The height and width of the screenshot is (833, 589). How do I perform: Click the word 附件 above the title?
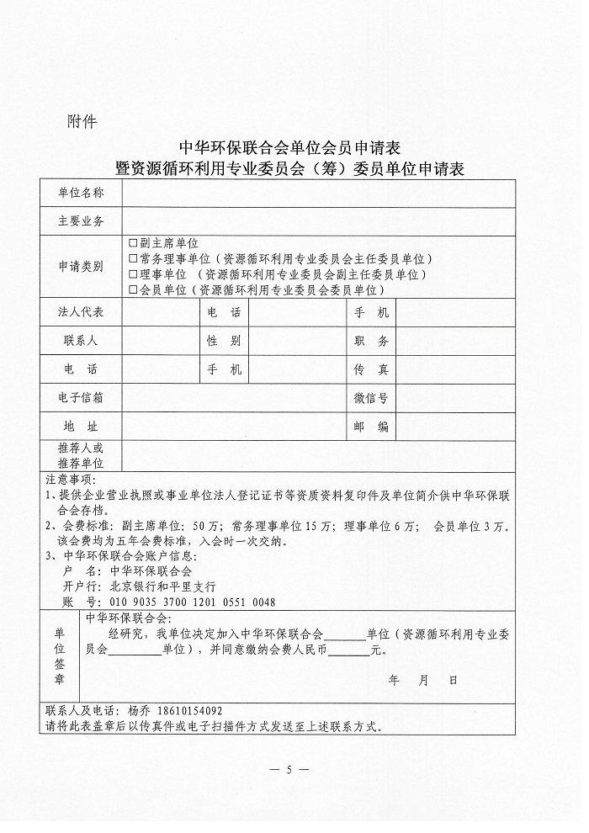click(x=82, y=121)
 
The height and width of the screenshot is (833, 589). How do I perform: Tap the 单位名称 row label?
click(x=81, y=193)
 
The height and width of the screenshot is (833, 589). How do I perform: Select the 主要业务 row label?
click(x=81, y=221)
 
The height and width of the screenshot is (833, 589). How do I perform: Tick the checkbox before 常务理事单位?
click(x=132, y=259)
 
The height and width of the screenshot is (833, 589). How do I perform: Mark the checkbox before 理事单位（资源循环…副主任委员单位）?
click(x=132, y=274)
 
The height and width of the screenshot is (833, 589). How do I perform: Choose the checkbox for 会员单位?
click(x=132, y=290)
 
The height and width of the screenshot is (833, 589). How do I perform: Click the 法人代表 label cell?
click(x=81, y=312)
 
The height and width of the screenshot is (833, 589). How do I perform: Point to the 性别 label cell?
click(x=224, y=341)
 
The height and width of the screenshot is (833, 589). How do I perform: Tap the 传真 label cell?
click(x=371, y=369)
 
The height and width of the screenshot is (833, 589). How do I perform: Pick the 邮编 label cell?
click(x=371, y=427)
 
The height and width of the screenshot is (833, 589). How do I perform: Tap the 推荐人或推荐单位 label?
click(x=81, y=455)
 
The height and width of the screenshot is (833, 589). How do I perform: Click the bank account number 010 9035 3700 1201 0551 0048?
click(x=192, y=602)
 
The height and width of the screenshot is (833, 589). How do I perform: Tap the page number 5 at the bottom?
click(x=288, y=770)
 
